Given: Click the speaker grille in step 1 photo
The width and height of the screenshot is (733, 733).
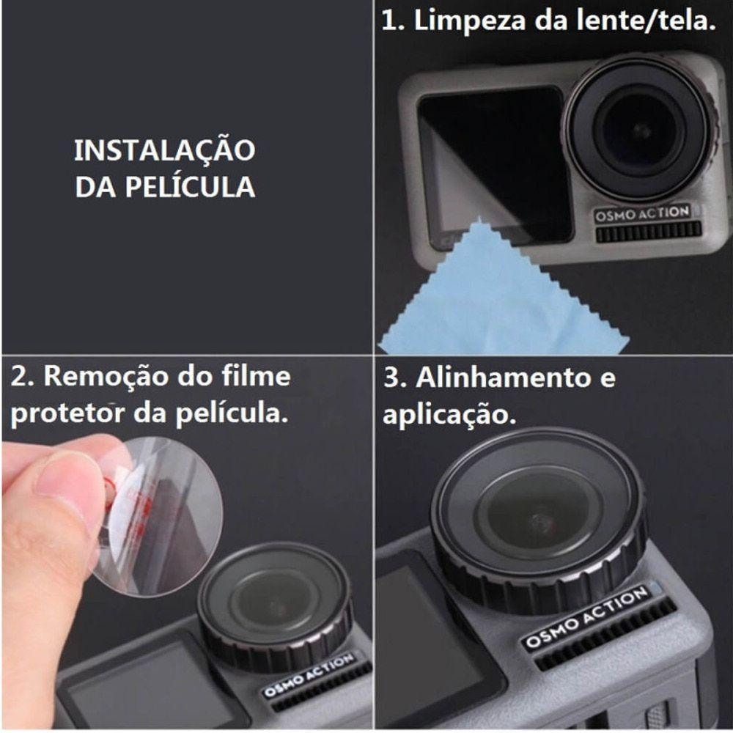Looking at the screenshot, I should click(x=648, y=232).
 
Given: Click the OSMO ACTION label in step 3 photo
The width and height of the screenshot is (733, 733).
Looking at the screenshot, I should click(x=586, y=617).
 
